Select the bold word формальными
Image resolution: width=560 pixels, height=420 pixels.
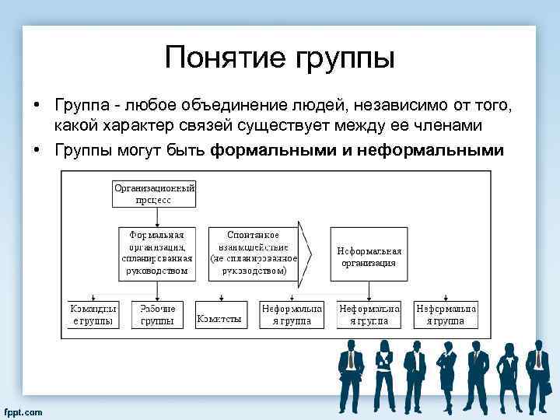click(273, 150)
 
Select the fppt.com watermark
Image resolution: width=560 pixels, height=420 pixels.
click(23, 411)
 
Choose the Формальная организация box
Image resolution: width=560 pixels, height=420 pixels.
click(157, 253)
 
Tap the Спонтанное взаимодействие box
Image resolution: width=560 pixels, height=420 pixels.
click(254, 253)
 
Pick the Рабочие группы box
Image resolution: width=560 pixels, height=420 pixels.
click(158, 314)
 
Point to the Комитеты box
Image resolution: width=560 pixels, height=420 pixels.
click(219, 318)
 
